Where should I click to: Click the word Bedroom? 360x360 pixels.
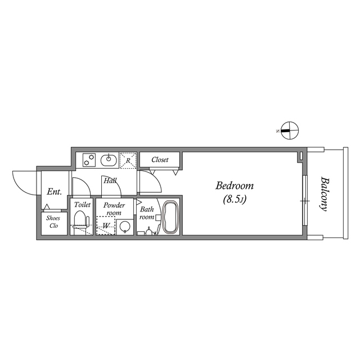click(235, 186)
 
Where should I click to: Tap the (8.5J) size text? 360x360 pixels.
click(235, 199)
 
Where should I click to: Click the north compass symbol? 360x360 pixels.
click(287, 130)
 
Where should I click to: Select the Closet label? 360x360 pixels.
click(160, 160)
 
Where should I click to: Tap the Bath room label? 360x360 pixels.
click(147, 213)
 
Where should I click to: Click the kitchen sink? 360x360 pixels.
click(109, 160)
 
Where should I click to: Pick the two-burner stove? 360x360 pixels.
click(88, 160)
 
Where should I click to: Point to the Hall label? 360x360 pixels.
click(109, 181)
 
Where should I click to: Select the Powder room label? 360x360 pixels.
click(114, 209)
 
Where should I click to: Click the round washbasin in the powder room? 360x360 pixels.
click(124, 227)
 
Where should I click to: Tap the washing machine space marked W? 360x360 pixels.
click(106, 226)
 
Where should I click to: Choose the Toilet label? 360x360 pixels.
click(82, 205)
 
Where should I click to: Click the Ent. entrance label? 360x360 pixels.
click(54, 192)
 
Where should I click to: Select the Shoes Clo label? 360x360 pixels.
click(53, 222)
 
